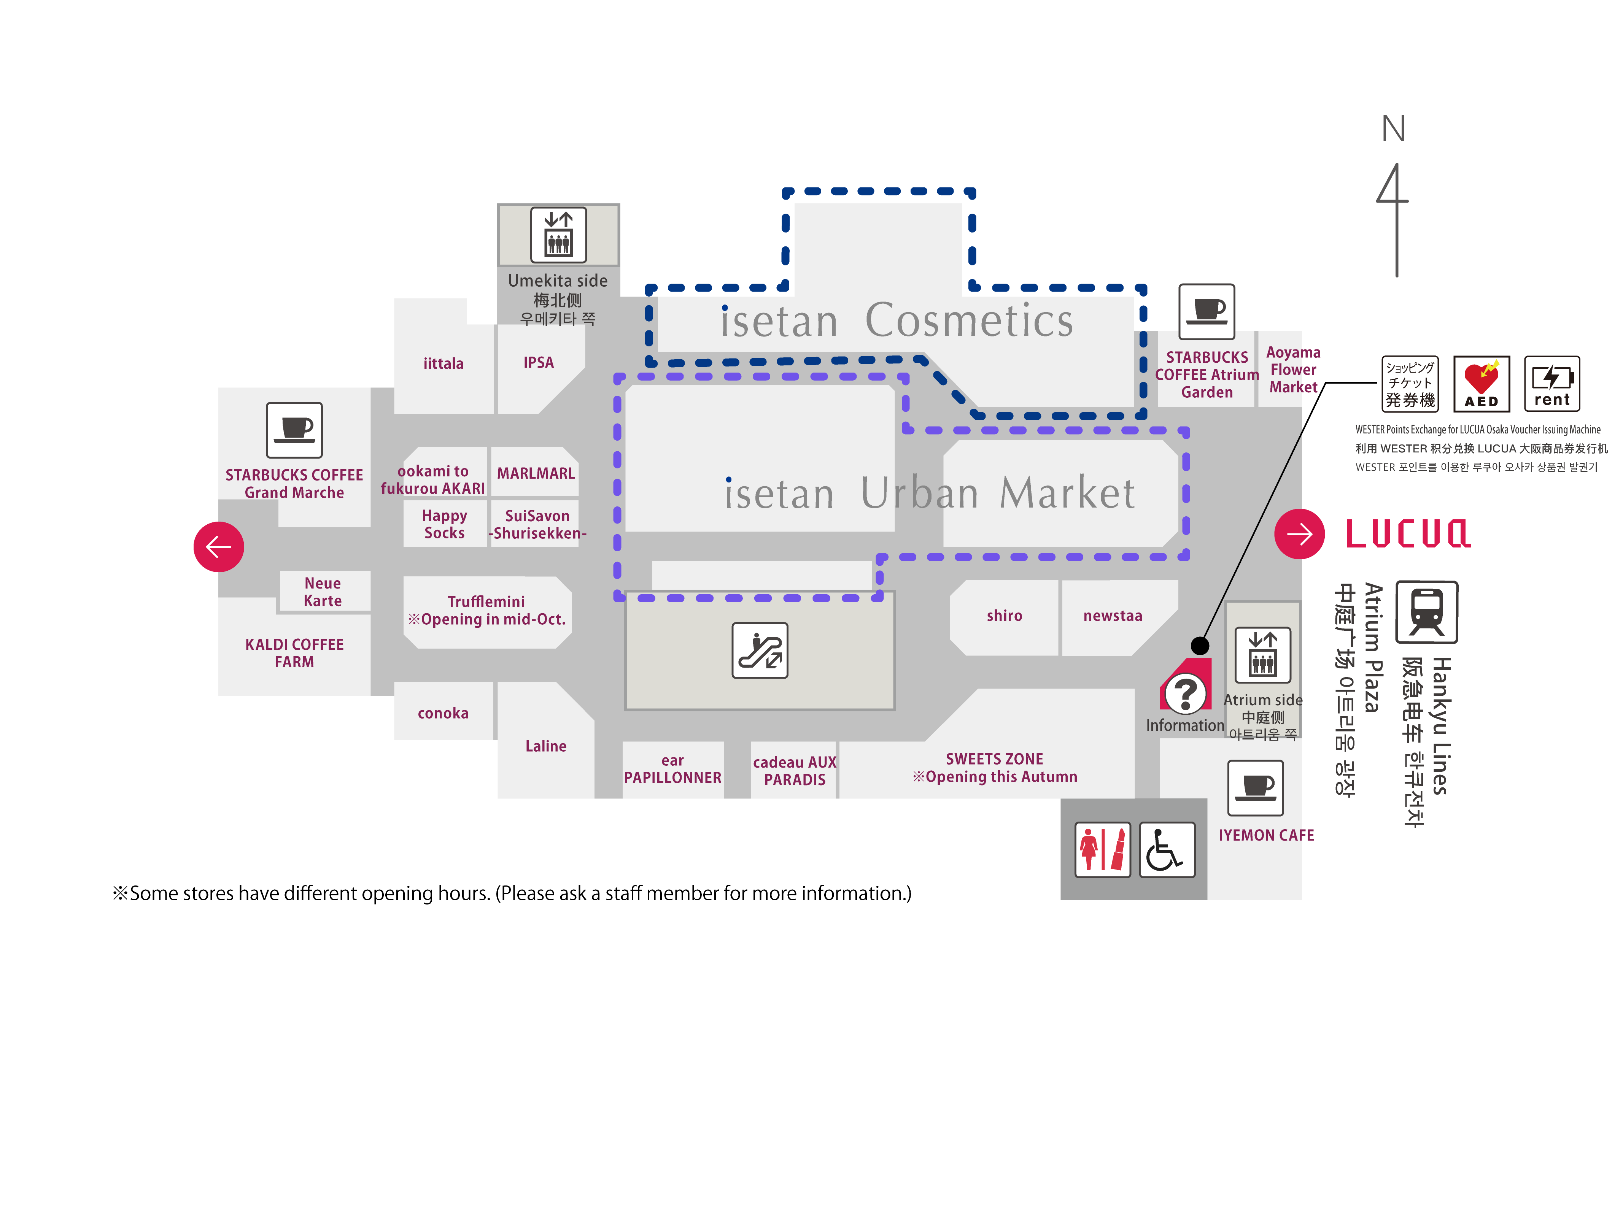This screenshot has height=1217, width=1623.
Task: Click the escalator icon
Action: [x=760, y=650]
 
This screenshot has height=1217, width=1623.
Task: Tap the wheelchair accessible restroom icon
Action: [x=1167, y=849]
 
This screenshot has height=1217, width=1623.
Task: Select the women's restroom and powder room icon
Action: [x=1102, y=849]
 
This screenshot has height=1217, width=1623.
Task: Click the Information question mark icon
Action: [x=1185, y=692]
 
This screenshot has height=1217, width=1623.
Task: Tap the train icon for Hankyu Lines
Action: [x=1426, y=612]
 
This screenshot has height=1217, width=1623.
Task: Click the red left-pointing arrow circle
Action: [x=219, y=546]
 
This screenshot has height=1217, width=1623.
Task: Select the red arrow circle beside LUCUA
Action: [x=1299, y=534]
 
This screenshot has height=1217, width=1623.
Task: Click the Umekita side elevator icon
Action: [x=558, y=235]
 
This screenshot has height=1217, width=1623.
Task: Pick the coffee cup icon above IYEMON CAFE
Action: [x=1256, y=788]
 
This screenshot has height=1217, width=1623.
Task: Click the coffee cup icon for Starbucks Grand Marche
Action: [x=294, y=430]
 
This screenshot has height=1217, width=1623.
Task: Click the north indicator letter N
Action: [x=1393, y=129]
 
